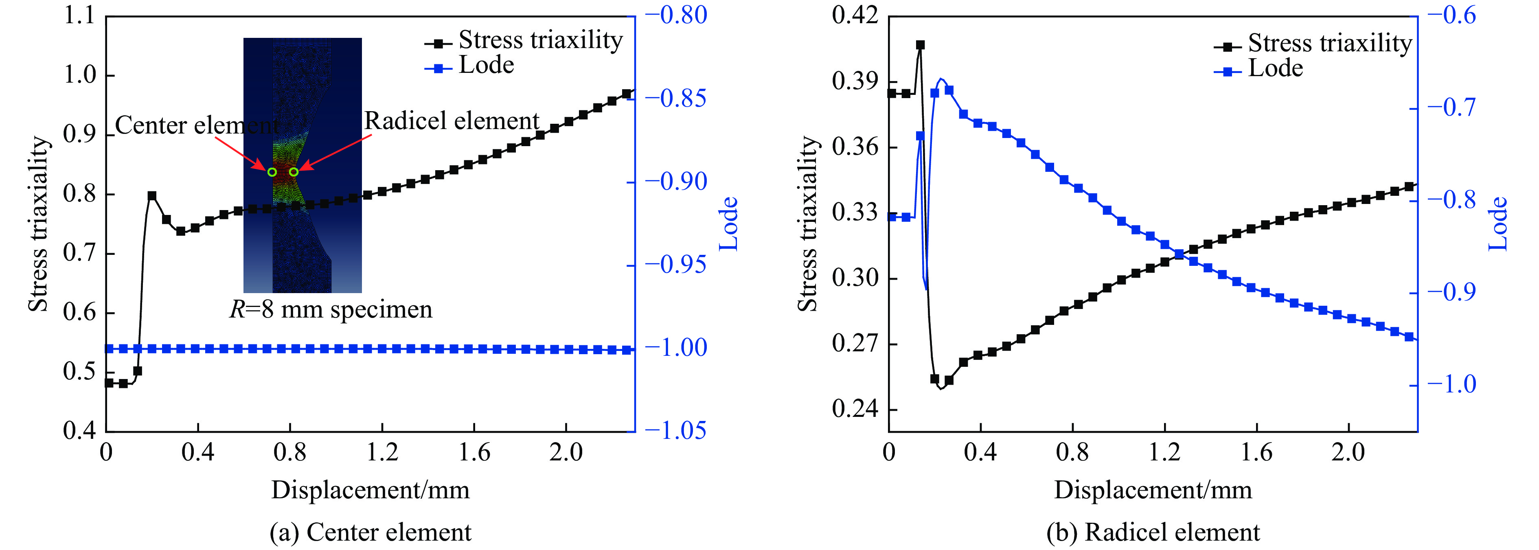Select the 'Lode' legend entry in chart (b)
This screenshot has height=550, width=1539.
coord(1275,69)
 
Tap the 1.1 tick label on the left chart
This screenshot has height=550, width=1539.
coord(79,16)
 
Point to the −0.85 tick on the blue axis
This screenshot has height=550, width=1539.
coord(683,99)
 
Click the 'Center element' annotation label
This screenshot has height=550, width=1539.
coord(196,125)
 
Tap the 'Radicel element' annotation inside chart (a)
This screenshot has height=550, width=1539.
coord(452,121)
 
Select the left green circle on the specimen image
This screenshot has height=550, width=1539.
coord(272,172)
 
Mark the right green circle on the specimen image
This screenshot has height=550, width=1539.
coord(293,172)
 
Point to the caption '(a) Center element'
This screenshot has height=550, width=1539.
coord(370,532)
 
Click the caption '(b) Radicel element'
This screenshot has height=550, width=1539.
coord(1153,532)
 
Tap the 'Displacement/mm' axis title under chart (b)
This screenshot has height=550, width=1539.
coord(1153,490)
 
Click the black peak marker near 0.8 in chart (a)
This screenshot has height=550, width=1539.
coord(152,196)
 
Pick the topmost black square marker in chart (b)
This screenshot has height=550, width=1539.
coord(920,45)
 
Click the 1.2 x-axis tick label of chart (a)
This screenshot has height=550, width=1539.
coord(382,453)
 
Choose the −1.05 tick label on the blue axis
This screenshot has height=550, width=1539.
coord(683,431)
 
